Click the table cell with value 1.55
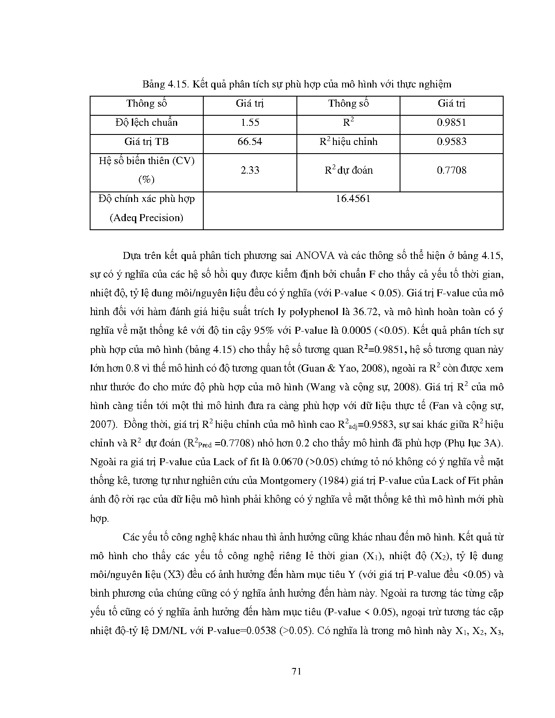coord(250,123)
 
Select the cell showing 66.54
coord(250,142)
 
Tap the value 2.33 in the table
coord(250,170)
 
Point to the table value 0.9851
coord(451,123)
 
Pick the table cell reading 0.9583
coord(451,142)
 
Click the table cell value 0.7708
coord(451,170)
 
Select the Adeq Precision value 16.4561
coord(353,199)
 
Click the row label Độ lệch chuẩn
coord(147,123)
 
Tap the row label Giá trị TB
coord(147,142)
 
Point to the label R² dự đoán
coord(349,170)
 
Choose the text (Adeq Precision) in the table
coord(147,218)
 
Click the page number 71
coord(296,671)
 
